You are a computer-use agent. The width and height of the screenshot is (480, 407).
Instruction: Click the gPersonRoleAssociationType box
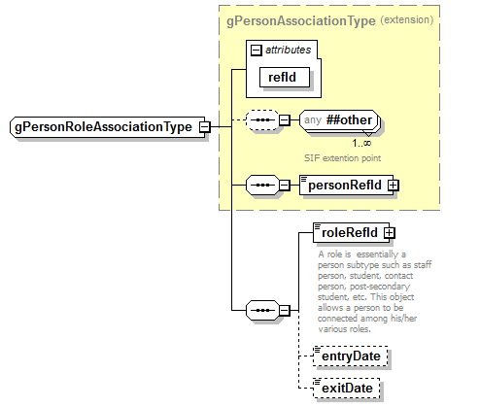103,127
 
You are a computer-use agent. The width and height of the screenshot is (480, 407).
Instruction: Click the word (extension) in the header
406,19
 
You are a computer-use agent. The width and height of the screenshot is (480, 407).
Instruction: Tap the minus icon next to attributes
255,51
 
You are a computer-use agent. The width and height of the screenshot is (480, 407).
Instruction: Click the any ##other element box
337,120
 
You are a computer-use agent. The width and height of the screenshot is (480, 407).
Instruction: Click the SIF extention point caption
340,156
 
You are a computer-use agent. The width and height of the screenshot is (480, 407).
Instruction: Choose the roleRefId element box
348,232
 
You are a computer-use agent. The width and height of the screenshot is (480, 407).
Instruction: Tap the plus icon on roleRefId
389,232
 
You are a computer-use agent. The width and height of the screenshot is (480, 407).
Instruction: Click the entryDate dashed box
350,357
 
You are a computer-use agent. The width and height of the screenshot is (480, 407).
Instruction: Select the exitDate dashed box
345,390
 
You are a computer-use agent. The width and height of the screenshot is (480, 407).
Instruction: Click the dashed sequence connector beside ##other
261,120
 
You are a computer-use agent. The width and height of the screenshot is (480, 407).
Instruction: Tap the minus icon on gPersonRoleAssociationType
205,127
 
